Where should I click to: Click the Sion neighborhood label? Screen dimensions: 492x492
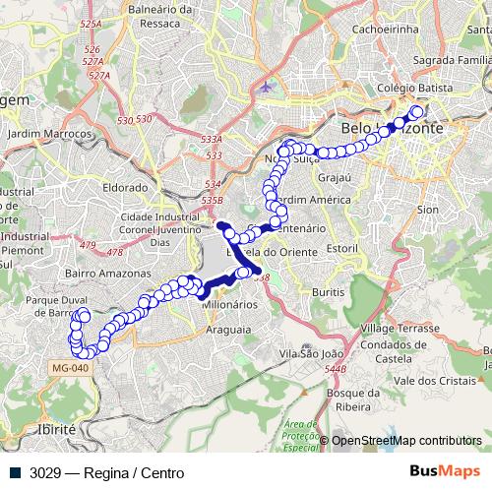427,210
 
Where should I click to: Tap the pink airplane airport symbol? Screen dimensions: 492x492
266,87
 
